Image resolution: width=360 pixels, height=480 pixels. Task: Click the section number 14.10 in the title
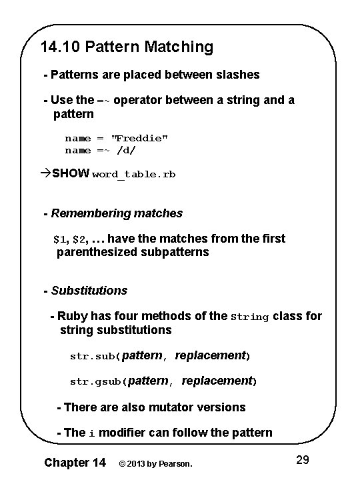58,47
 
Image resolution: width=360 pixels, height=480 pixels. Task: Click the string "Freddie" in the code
139,138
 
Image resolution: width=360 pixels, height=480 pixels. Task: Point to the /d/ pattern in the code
130,150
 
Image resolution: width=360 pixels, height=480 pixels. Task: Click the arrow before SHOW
45,174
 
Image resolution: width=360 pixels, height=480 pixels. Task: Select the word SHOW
71,174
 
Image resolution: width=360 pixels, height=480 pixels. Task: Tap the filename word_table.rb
134,175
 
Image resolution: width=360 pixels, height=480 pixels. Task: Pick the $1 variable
60,239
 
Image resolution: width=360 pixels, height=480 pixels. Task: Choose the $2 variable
79,239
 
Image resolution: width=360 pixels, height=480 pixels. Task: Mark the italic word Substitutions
89,291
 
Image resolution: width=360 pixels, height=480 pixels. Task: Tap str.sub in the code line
93,357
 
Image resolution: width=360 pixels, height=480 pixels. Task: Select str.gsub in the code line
96,382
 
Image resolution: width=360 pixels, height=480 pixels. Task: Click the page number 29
302,459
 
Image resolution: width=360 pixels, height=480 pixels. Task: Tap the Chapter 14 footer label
75,461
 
